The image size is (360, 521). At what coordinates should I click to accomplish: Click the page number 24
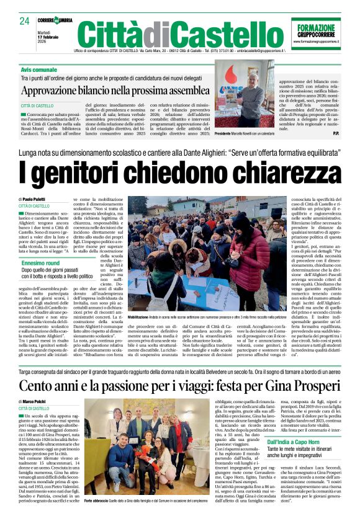tap(24, 21)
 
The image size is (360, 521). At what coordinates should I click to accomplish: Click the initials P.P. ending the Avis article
tap(336, 134)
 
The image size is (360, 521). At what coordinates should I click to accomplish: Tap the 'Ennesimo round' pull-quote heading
tap(40, 263)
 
